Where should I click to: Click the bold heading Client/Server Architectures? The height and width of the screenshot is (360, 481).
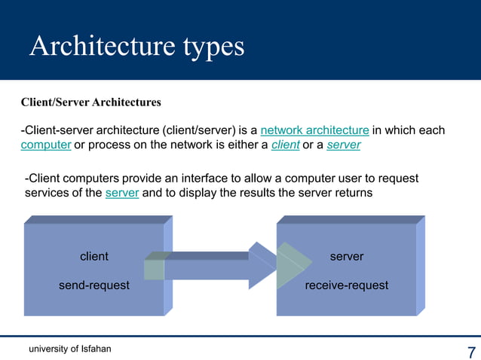tap(90, 102)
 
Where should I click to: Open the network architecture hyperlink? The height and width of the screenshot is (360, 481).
tap(314, 130)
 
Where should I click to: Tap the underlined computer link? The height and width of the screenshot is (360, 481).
tap(45, 145)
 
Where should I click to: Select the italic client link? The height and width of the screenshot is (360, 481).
tap(285, 145)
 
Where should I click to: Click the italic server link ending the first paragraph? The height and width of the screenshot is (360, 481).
tap(344, 145)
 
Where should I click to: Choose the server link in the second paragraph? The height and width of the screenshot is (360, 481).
tap(122, 193)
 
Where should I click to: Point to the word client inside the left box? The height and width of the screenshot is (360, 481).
tap(94, 256)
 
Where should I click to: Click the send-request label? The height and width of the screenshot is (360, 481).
tap(94, 285)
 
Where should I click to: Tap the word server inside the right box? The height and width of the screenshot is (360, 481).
tap(347, 256)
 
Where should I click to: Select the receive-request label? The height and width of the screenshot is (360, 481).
tap(347, 285)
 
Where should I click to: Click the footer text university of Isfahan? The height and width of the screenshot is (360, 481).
tap(70, 348)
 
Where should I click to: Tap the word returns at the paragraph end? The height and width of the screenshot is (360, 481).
tap(352, 193)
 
